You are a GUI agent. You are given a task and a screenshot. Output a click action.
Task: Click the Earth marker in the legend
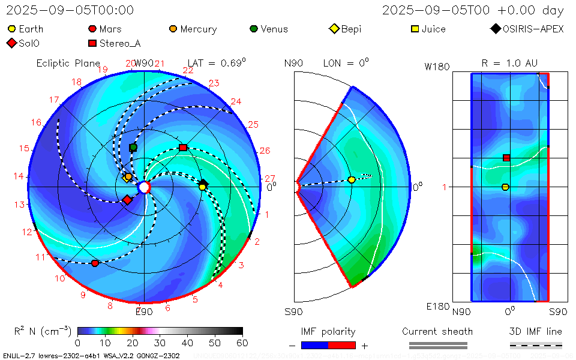11,29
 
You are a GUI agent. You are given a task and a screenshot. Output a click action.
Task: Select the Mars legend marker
92,29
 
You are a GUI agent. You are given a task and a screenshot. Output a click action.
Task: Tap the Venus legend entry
254,29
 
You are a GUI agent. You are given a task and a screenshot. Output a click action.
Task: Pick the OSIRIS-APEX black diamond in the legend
496,29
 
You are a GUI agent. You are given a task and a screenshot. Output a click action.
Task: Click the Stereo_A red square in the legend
92,43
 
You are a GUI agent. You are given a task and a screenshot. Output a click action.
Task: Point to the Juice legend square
415,29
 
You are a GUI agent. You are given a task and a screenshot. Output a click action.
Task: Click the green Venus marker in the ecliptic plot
133,147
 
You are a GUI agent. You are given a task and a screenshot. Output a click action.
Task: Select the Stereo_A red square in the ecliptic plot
183,147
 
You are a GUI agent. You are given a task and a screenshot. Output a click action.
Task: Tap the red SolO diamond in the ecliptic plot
127,200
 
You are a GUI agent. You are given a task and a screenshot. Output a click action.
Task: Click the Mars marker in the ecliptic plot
95,263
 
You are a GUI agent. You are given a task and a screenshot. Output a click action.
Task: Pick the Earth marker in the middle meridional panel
352,179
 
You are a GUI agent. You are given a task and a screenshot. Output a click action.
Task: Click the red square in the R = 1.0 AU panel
506,158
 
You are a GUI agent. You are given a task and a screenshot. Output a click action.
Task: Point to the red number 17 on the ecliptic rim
54,100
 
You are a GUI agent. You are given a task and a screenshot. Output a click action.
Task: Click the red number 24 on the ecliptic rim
236,102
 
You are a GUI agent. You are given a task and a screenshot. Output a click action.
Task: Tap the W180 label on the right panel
436,67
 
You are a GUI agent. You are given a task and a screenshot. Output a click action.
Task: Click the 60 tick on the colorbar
242,343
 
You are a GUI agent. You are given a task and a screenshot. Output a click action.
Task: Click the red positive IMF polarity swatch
342,345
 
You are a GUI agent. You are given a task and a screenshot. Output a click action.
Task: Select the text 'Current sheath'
437,331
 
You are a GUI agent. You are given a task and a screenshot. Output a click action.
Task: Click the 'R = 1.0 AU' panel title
509,63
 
